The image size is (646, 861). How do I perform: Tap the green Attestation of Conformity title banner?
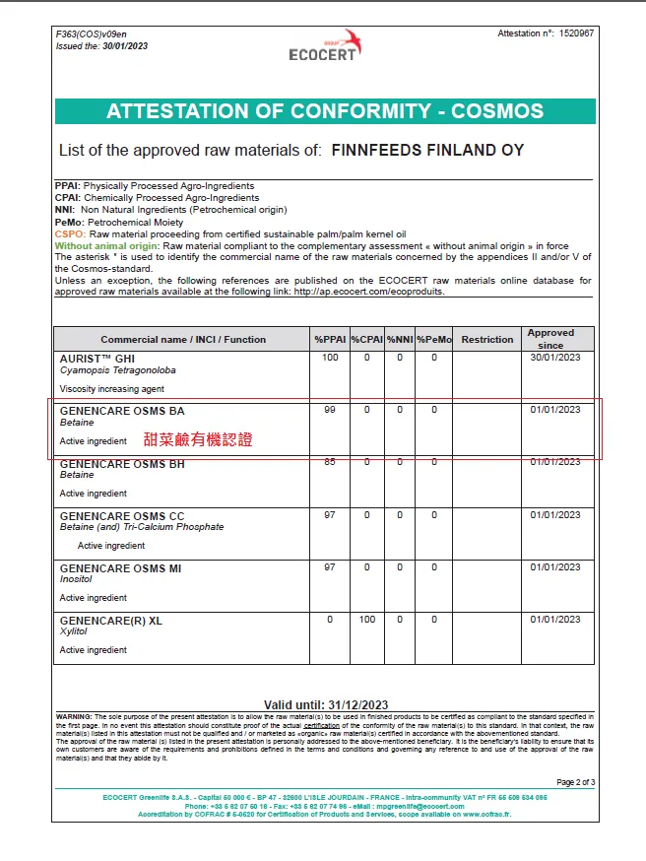[325, 110]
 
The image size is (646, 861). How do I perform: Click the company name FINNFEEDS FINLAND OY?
[427, 151]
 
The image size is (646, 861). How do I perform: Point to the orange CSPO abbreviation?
[69, 234]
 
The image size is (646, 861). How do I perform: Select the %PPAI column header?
[329, 340]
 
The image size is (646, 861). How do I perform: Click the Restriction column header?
[486, 340]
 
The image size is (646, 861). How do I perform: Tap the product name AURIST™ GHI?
[97, 359]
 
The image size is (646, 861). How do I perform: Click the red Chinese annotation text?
[198, 439]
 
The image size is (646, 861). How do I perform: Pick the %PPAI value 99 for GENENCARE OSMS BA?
[329, 410]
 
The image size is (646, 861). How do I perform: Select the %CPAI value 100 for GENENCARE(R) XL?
[365, 620]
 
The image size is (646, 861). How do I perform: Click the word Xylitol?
[73, 631]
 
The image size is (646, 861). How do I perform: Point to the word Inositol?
[76, 579]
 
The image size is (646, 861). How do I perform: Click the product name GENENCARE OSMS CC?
[122, 515]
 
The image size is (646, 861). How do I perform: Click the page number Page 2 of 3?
[575, 782]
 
